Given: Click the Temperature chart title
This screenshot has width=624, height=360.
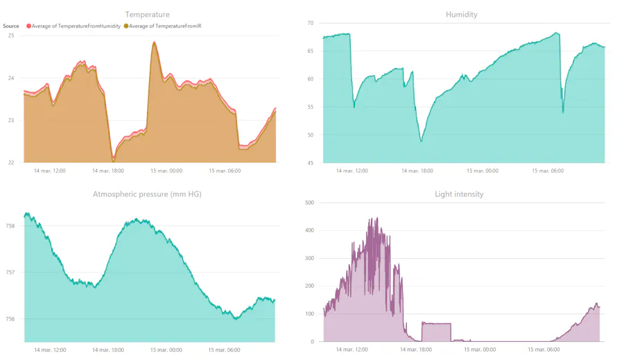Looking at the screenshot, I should coord(147,14).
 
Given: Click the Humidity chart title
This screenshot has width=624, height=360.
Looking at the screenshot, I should coord(461,14).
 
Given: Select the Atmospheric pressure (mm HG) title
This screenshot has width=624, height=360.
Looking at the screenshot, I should coord(147,194).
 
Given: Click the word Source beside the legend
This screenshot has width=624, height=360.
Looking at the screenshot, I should coord(11,26).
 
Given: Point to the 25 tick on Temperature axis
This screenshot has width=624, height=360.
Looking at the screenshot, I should coord(11,35).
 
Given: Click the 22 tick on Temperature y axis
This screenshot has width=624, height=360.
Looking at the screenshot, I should coord(11,162).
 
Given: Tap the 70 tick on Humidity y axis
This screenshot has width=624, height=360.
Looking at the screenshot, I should coord(311,23).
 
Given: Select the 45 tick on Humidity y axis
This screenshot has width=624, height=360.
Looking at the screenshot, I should coord(311,163).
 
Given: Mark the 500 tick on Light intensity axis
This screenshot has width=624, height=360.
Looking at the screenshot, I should coord(309,203).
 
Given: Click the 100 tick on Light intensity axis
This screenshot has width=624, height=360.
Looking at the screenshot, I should coord(309,314).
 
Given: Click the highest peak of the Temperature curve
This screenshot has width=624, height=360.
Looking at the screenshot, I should coord(154,42).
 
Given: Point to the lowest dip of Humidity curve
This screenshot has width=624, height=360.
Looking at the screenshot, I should coord(421,141).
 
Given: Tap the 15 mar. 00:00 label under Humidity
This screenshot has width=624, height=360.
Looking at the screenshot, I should coord(482,171).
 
